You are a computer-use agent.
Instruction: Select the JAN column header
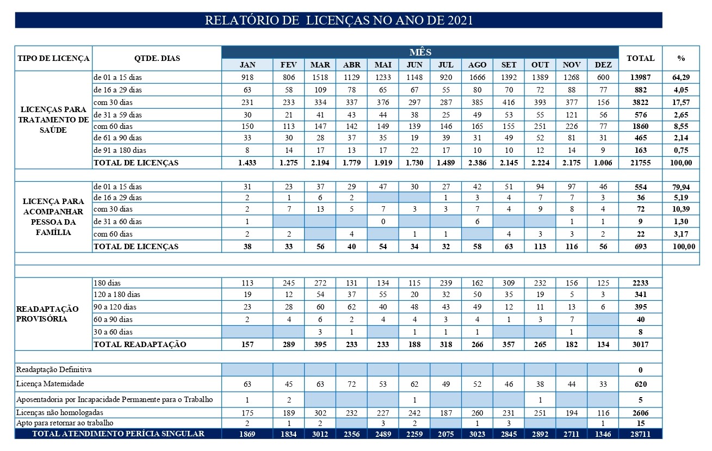click(x=247, y=65)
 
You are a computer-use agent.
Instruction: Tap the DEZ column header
click(x=603, y=65)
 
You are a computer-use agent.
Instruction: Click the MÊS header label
click(x=420, y=52)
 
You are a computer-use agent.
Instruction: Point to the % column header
click(x=681, y=58)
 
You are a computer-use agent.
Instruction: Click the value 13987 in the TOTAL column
click(x=641, y=77)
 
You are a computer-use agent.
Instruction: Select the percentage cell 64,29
click(x=681, y=77)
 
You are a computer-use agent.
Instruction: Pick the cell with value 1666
click(x=477, y=77)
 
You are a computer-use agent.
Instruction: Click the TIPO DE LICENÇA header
click(x=53, y=58)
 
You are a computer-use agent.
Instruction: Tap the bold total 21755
click(x=641, y=163)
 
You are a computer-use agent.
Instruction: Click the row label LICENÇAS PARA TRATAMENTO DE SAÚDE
click(x=53, y=120)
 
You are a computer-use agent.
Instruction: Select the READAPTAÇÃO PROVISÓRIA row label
click(x=47, y=314)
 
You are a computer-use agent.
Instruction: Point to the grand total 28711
click(x=641, y=434)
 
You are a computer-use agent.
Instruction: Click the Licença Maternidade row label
click(x=50, y=384)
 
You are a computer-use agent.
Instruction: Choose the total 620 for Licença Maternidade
click(x=641, y=384)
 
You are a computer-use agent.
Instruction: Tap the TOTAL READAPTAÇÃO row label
click(x=140, y=344)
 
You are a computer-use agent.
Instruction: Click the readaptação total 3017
click(x=641, y=344)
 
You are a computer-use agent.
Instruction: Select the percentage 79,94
click(x=681, y=187)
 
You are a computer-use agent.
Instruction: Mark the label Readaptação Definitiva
click(x=54, y=369)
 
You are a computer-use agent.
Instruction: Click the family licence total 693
click(x=641, y=246)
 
